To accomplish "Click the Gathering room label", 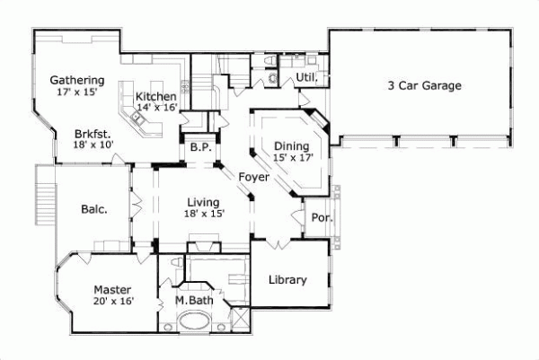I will [76, 80].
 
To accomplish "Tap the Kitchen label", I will [155, 96].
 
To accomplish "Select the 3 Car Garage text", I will [424, 86].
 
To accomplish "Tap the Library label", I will [287, 279].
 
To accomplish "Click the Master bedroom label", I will [113, 290].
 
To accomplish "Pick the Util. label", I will [306, 79].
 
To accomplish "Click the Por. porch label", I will [321, 217].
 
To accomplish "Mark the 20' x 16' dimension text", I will [113, 302].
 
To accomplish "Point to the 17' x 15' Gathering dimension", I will [76, 92].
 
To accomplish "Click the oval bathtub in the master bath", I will [192, 322].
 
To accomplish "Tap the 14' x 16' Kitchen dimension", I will [156, 108].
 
